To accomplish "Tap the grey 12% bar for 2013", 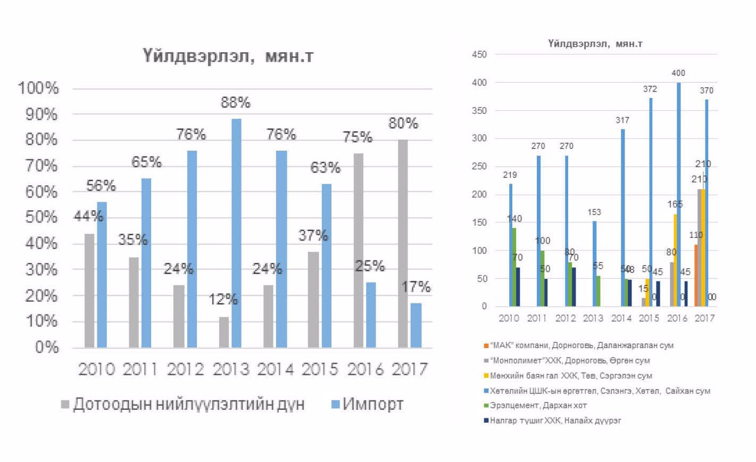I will [224, 332].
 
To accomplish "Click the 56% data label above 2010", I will [101, 185].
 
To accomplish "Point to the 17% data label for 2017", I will [417, 287].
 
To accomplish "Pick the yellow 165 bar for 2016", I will [676, 260].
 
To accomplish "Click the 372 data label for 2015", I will [650, 89].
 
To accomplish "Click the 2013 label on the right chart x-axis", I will [594, 318].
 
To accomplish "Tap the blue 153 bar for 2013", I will [594, 263].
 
